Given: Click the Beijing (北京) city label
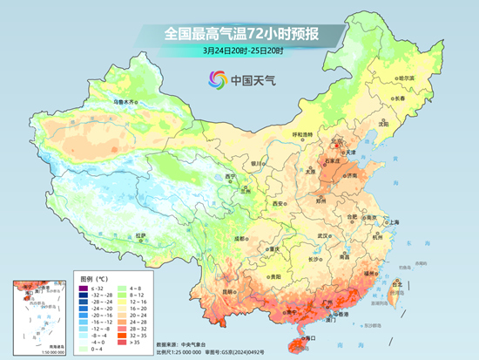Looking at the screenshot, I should (x=338, y=139).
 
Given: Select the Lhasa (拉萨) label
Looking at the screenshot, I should (x=141, y=235).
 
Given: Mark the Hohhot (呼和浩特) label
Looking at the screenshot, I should (x=301, y=134).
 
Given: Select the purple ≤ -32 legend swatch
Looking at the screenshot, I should (x=83, y=288).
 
